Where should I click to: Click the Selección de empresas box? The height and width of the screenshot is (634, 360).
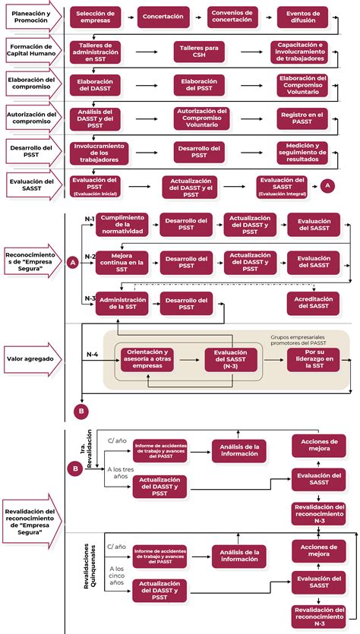coord(96,17)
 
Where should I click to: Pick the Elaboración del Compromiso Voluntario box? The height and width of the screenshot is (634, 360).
coord(302,84)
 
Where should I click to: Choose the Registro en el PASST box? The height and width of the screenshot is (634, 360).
coord(302,118)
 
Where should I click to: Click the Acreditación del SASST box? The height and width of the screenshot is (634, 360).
coord(314,302)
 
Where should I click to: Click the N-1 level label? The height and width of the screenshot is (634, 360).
coord(90,219)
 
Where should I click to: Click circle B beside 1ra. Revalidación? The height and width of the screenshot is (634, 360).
coord(74,468)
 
